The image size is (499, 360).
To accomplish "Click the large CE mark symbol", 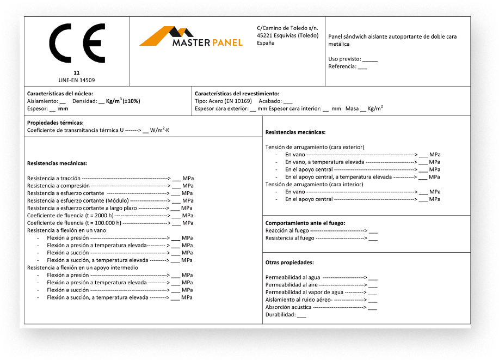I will [x=77, y=44].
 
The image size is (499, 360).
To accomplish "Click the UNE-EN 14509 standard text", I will [x=77, y=80].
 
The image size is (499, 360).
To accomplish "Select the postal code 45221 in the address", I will [x=264, y=35].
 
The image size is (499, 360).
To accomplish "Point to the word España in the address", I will [x=266, y=43].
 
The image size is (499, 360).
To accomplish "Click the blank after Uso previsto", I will [x=369, y=59].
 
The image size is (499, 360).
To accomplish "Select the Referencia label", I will [x=342, y=66].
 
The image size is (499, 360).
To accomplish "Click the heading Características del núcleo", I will [x=60, y=94].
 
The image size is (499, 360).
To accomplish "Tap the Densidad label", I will [x=84, y=101].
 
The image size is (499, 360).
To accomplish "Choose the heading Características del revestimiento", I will [x=236, y=94].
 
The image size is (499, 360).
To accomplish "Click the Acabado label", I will [x=270, y=101].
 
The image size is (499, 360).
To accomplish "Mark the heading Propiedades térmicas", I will [x=56, y=123].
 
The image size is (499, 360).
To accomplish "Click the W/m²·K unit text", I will [x=160, y=131].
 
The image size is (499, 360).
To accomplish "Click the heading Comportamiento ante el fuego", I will [x=305, y=223].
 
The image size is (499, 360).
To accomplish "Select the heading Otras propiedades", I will [x=289, y=263].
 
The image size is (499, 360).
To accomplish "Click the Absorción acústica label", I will [x=289, y=307].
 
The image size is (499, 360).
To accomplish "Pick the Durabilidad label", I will [x=280, y=315].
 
